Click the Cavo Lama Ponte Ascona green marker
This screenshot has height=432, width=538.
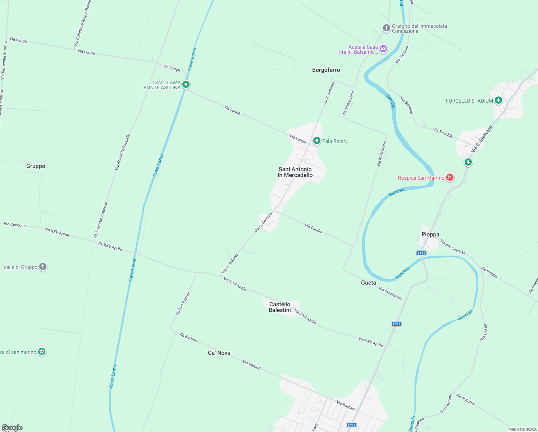pyautogui.click(x=186, y=85)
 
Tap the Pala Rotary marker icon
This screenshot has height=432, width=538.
pyautogui.click(x=316, y=141)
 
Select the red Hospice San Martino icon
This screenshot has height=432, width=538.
pyautogui.click(x=450, y=177)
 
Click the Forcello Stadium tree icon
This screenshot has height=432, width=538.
pyautogui.click(x=498, y=100)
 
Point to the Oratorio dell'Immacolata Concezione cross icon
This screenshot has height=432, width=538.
pyautogui.click(x=386, y=28)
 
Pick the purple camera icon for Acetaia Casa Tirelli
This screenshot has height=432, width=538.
pyautogui.click(x=383, y=49)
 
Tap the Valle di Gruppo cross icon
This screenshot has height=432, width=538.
pyautogui.click(x=43, y=267)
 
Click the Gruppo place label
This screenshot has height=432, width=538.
pyautogui.click(x=36, y=166)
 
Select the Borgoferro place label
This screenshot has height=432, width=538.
pyautogui.click(x=326, y=70)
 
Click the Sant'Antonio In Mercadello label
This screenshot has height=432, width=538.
pyautogui.click(x=295, y=172)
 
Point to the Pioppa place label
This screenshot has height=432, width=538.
pyautogui.click(x=430, y=234)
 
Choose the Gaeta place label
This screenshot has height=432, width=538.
pyautogui.click(x=368, y=283)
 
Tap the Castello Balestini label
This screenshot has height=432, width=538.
pyautogui.click(x=279, y=307)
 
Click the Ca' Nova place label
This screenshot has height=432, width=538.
pyautogui.click(x=219, y=353)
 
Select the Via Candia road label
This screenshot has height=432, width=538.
pyautogui.click(x=314, y=228)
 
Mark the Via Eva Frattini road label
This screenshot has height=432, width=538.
pyautogui.click(x=183, y=304)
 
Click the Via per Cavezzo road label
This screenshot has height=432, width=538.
pyautogui.click(x=453, y=247)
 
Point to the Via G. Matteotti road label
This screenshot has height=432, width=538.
pyautogui.click(x=482, y=139)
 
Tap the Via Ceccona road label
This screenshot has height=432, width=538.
pyautogui.click(x=15, y=225)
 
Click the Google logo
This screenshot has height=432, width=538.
pyautogui.click(x=12, y=428)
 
